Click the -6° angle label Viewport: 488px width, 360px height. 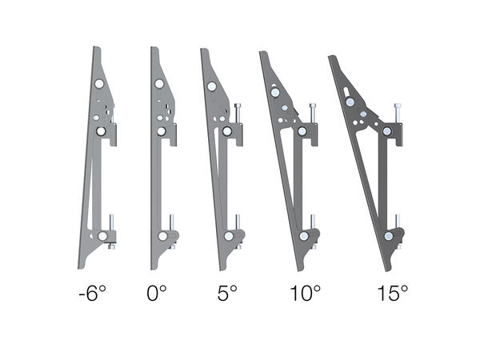click(x=92, y=294)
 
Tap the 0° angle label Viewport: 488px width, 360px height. click(x=158, y=294)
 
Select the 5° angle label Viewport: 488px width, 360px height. click(x=226, y=294)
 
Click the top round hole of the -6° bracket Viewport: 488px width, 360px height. click(x=98, y=84)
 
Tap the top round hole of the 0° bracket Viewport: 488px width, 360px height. click(x=159, y=84)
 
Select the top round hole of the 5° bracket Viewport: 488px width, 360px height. click(x=211, y=87)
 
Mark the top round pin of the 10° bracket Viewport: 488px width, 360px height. click(x=275, y=92)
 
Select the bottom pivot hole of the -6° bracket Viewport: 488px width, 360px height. click(x=103, y=236)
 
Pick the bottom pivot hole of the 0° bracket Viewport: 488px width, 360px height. click(x=162, y=236)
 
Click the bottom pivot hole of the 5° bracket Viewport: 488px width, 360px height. click(x=229, y=236)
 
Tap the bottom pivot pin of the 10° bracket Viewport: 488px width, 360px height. click(x=304, y=236)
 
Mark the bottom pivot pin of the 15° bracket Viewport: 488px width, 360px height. click(x=388, y=237)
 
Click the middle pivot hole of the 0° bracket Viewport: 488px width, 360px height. click(x=161, y=130)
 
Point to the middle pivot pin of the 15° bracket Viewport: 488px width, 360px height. click(x=386, y=130)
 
